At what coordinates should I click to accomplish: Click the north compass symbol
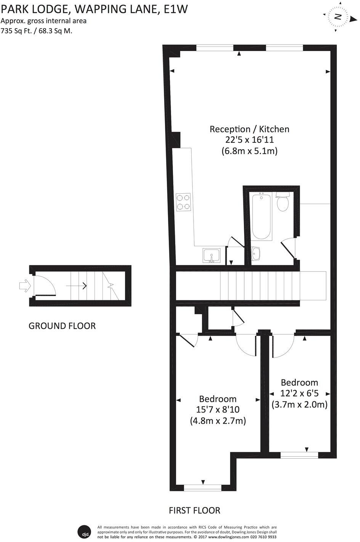coord(337,16)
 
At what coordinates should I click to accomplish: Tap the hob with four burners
coord(183,202)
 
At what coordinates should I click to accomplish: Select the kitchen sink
coord(211,255)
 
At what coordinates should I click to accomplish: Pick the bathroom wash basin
coord(256,252)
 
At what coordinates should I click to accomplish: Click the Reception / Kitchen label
coord(250,129)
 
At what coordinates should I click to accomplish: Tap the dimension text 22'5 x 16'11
coord(250,140)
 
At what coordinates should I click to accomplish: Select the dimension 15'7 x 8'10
coord(218,410)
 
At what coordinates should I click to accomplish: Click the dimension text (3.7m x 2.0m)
coord(299,405)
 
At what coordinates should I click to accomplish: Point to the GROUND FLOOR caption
coord(62,326)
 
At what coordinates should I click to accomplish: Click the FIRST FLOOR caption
coord(194,510)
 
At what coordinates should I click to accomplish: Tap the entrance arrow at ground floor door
coord(24,285)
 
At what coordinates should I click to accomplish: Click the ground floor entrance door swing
coord(45,285)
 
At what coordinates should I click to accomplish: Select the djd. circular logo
coord(84,532)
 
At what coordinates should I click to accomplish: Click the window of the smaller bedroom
coord(299,455)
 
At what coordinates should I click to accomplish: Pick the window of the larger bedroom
coord(203,488)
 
